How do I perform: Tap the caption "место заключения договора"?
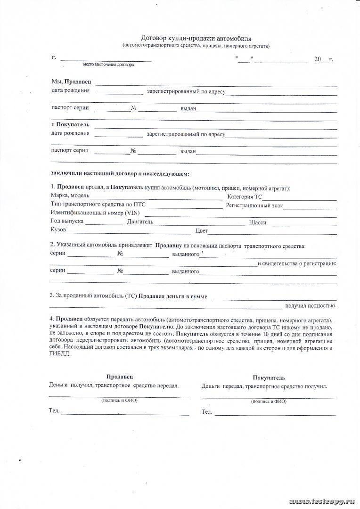108,65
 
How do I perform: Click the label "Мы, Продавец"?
71,82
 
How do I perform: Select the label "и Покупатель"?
73,125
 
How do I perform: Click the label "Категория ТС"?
245,197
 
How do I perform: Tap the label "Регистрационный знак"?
254,205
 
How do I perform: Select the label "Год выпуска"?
66,222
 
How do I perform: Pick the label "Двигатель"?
140,222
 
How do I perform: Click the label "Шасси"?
257,222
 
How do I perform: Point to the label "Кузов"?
58,230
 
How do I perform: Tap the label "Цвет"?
201,231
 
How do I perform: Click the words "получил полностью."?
311,306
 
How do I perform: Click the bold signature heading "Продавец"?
119,377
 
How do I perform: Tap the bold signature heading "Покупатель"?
269,378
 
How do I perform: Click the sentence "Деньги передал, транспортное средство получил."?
264,386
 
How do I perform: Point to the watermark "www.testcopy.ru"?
322,500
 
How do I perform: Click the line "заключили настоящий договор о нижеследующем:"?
120,174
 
